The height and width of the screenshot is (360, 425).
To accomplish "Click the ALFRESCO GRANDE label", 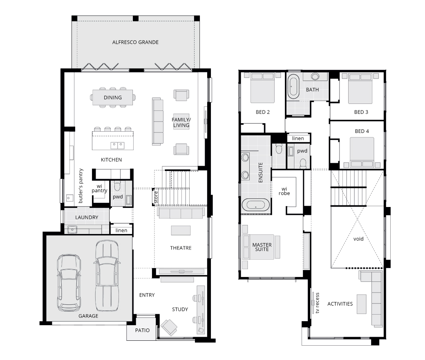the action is point(135,42).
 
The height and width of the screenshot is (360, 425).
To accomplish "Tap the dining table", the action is point(113,97).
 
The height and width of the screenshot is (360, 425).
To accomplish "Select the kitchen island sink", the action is point(117,145).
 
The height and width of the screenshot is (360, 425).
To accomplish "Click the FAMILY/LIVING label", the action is point(181,122).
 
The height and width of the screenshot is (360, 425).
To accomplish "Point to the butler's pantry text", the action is point(81,186).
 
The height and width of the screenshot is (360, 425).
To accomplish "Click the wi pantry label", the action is point(99,188).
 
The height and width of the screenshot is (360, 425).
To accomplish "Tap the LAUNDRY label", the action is point(87,217).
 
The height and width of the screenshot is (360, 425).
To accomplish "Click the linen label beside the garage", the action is point(121,230).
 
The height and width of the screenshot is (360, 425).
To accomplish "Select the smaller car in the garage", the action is point(69,283).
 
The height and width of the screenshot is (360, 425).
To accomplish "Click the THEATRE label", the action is point(181,248).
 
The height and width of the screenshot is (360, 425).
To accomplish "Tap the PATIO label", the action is point(142,330).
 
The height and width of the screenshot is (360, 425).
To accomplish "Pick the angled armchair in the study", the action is point(169,327).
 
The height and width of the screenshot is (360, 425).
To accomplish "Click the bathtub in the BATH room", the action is point(293,87).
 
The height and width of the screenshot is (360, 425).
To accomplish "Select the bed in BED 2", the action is point(262,88).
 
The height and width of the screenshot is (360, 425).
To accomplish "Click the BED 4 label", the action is point(362,131).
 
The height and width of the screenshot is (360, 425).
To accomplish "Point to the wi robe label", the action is point(284,191).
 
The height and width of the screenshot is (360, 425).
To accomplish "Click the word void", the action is point(358,239).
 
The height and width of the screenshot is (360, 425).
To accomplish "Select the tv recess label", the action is point(317,303).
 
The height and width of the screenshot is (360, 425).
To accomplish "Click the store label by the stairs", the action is point(156,197).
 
